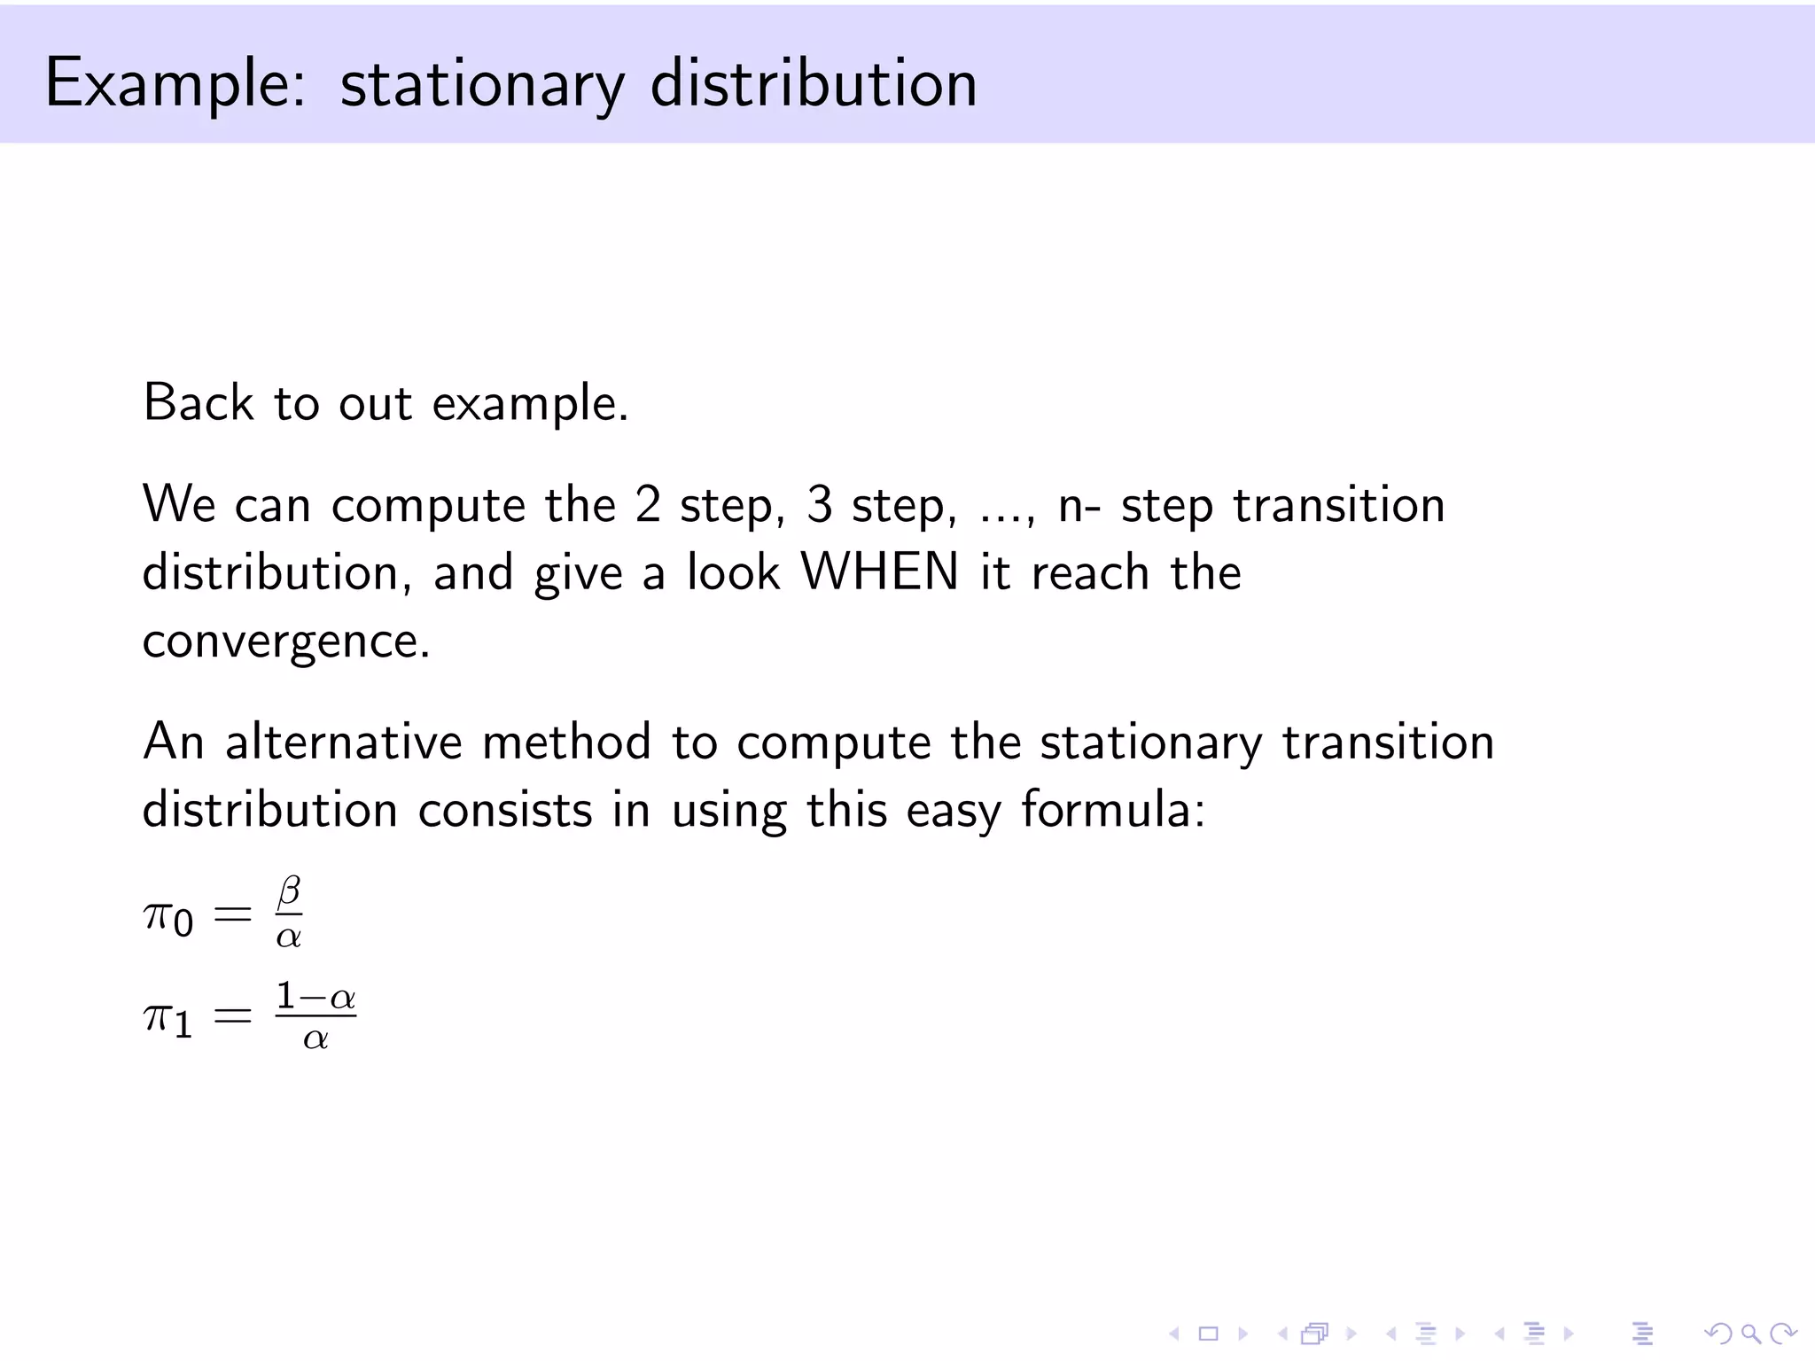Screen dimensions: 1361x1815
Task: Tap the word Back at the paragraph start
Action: tap(199, 403)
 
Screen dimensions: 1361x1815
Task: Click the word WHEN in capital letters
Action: tap(880, 572)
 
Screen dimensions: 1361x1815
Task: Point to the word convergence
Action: tap(285, 641)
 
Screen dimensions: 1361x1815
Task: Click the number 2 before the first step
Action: tap(648, 505)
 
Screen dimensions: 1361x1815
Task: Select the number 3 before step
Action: tap(820, 505)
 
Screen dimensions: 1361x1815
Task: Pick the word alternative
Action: tap(343, 742)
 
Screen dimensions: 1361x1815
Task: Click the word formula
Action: tap(1113, 810)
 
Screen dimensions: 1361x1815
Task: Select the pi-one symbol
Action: tap(167, 1019)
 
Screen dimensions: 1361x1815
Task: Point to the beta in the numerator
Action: tap(289, 891)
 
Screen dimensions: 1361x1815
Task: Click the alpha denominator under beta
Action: tap(289, 937)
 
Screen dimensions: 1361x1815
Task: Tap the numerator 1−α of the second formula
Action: tap(315, 998)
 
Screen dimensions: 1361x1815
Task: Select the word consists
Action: tap(504, 810)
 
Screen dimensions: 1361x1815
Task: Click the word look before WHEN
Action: tap(733, 572)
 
